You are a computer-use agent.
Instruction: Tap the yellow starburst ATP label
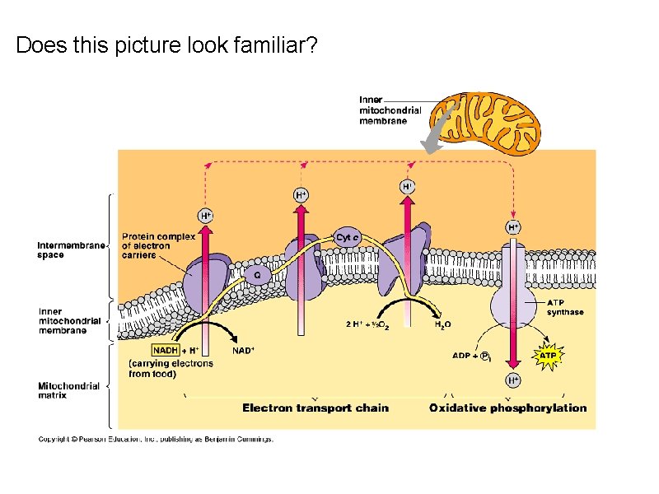tap(547, 356)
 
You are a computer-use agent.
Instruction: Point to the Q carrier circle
tap(257, 275)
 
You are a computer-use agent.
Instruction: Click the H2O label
tap(442, 325)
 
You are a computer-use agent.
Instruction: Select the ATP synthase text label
tap(565, 307)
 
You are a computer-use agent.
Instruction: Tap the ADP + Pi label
tap(471, 356)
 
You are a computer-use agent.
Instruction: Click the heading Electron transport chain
tap(315, 408)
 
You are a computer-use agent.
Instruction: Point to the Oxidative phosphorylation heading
tap(508, 408)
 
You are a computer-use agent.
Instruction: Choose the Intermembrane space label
tap(72, 249)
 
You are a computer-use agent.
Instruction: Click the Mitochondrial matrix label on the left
tap(69, 390)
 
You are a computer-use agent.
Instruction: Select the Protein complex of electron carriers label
tap(158, 245)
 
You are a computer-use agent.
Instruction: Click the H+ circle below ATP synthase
tap(512, 380)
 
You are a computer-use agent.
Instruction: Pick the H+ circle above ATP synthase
tap(512, 226)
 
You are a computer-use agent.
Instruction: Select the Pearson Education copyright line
tap(156, 440)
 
